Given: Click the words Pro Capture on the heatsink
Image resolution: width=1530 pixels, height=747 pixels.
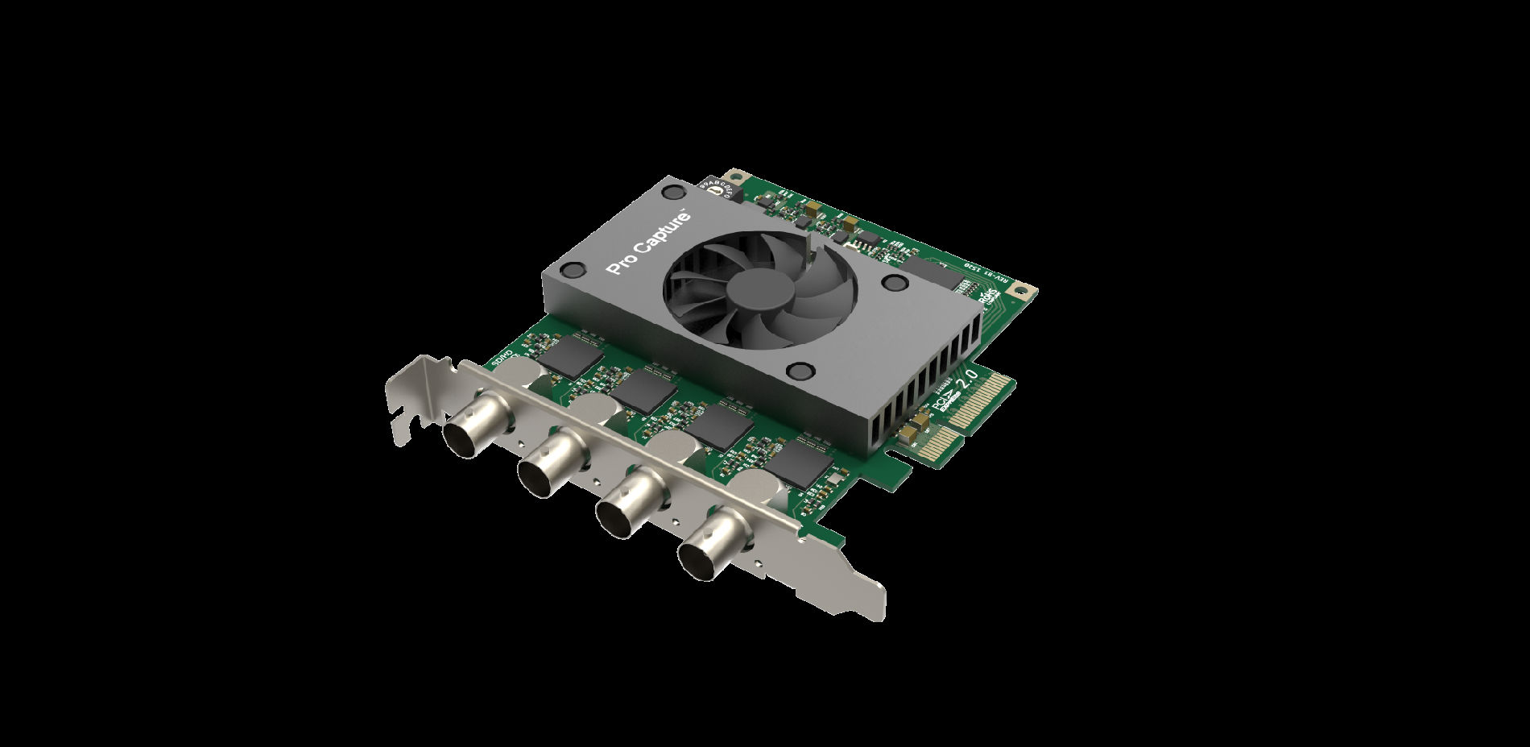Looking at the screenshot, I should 649,243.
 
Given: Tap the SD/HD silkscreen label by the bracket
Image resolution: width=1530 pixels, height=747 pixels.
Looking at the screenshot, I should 504,359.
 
